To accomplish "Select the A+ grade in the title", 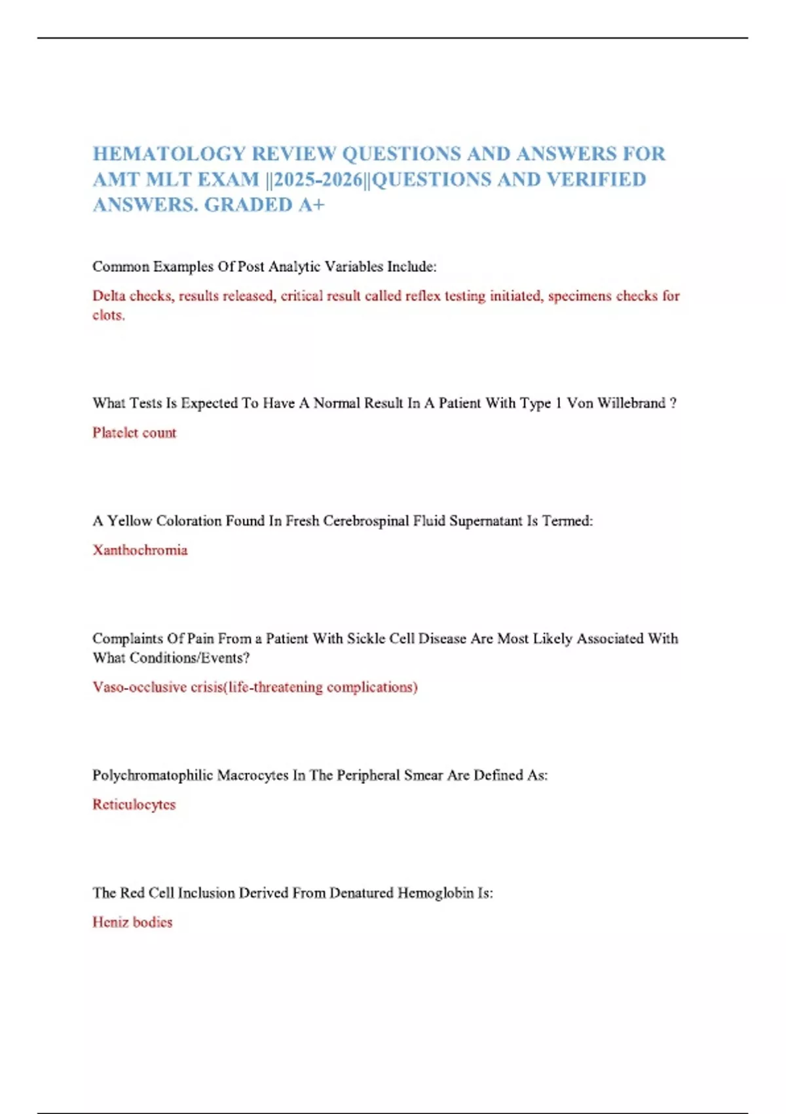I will pyautogui.click(x=311, y=205).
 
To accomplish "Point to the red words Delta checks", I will pyautogui.click(x=133, y=296).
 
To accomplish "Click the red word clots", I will pyautogui.click(x=108, y=315).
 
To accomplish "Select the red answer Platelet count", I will pyautogui.click(x=134, y=432).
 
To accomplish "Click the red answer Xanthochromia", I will pyautogui.click(x=140, y=550).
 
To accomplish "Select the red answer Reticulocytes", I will pyautogui.click(x=134, y=805).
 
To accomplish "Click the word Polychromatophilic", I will pyautogui.click(x=152, y=775).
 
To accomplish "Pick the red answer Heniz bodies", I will pyautogui.click(x=132, y=923).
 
